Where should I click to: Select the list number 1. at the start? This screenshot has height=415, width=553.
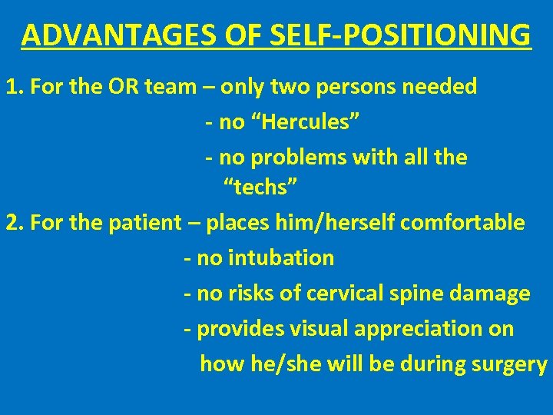(x=13, y=87)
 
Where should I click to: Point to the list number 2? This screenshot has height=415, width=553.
(x=13, y=223)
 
